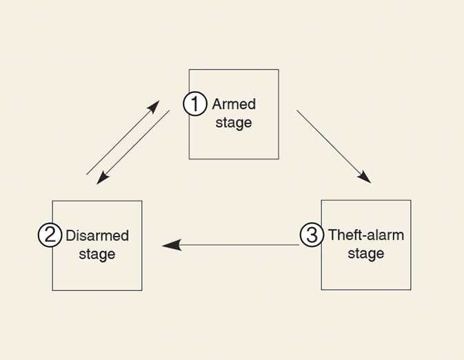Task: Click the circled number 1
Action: [195, 104]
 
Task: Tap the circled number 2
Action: [50, 235]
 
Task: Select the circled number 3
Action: [312, 235]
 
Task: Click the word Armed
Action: [234, 104]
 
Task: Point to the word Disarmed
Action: [97, 236]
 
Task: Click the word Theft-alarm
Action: [366, 235]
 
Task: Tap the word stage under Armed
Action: [234, 123]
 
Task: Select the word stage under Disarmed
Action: [97, 254]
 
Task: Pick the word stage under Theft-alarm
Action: [366, 254]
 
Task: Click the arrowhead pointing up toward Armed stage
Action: [154, 107]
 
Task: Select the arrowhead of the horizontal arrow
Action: [170, 244]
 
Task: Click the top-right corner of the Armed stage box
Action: [279, 70]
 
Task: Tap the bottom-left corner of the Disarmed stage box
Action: [53, 290]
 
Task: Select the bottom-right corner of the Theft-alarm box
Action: [411, 290]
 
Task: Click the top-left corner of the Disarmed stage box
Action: [53, 201]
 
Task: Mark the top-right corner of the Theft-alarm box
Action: [411, 200]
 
